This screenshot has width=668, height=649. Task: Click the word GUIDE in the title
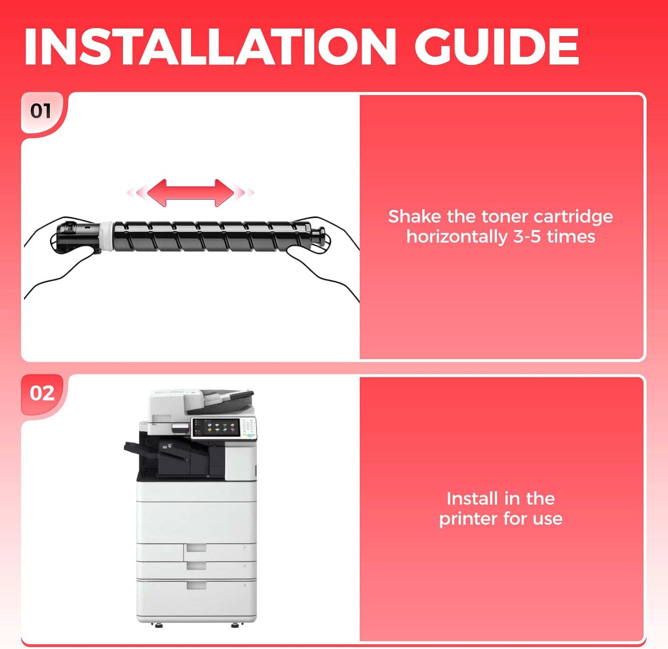pos(497,47)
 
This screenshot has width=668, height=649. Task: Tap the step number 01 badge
pos(41,111)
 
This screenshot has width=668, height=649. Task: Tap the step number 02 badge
pos(42,393)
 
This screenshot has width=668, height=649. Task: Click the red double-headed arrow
pos(191,193)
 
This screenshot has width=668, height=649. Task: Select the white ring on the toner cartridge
pos(106,235)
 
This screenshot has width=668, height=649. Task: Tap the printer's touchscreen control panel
pos(216,427)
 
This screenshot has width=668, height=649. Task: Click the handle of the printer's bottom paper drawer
pos(196,585)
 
